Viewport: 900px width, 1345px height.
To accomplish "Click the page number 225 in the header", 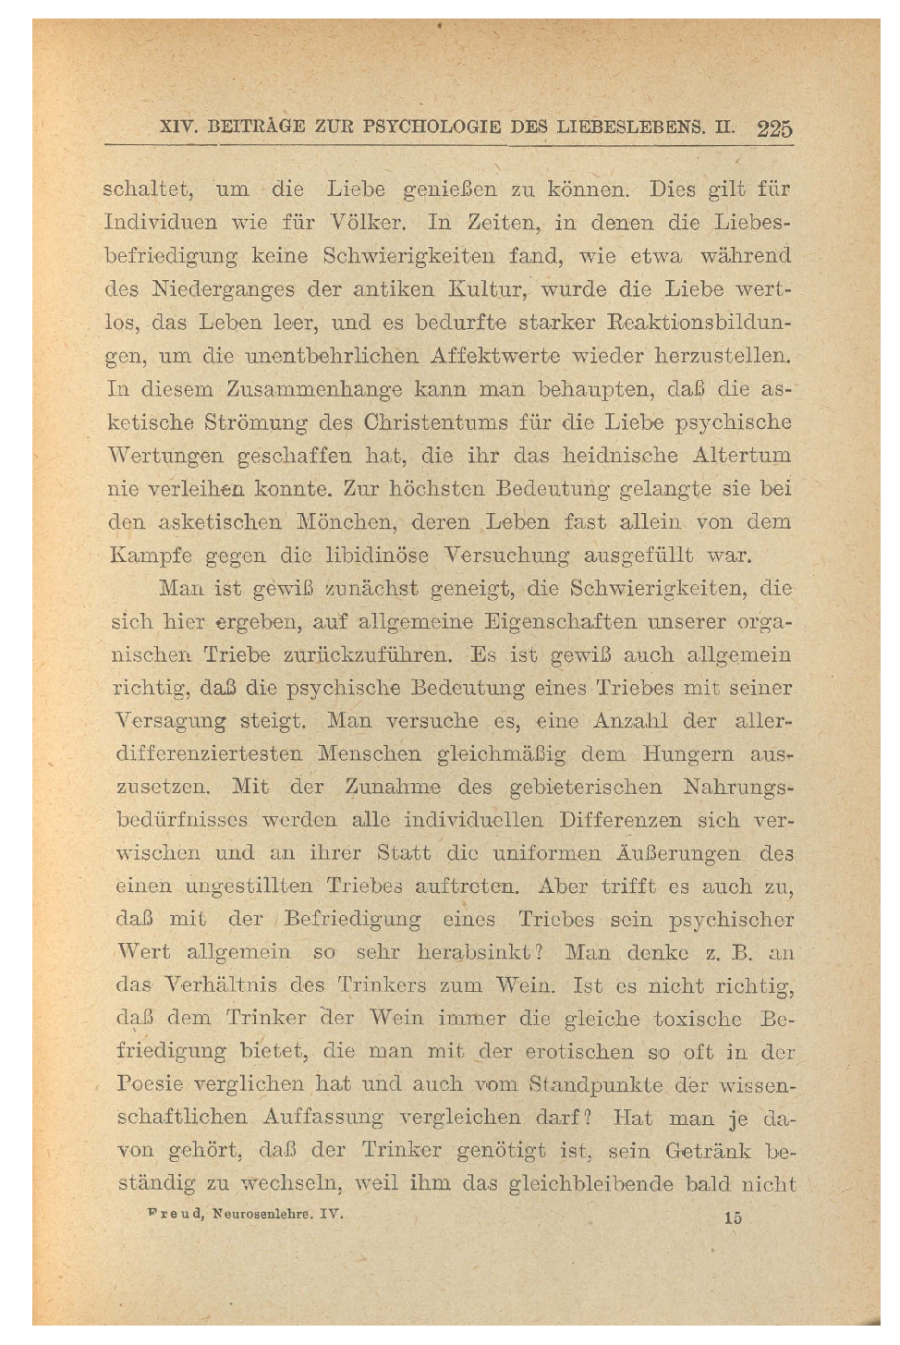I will point(774,128).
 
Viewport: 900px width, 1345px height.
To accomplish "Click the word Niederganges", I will point(223,289).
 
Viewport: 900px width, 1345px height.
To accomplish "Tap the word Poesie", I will point(151,1084).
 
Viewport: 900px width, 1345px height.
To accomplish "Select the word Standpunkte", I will point(596,1084).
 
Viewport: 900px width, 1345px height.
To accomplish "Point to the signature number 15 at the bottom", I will point(732,1217).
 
